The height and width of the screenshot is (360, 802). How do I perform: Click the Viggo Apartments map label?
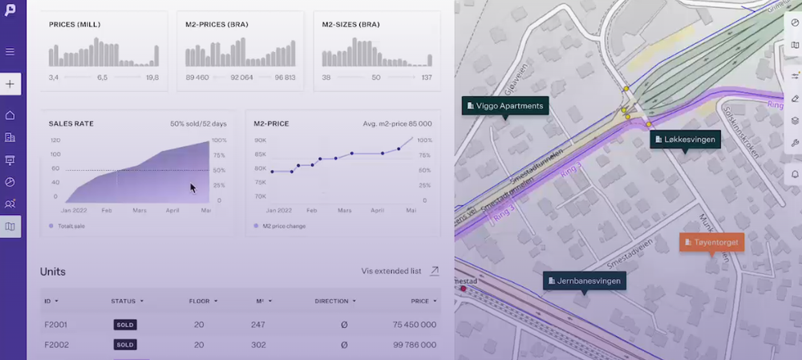pyautogui.click(x=505, y=106)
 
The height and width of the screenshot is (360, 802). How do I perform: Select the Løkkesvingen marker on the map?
pyautogui.click(x=684, y=140)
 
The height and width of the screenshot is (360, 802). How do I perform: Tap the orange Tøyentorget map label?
pyautogui.click(x=711, y=242)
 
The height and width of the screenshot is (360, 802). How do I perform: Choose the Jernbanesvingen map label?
pyautogui.click(x=585, y=281)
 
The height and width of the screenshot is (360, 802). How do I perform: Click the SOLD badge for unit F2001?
pyautogui.click(x=125, y=325)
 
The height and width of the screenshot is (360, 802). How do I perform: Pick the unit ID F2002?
pyautogui.click(x=55, y=345)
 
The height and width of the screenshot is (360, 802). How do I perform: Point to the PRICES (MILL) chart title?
pyautogui.click(x=75, y=24)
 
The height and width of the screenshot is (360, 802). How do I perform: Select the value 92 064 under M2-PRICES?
pyautogui.click(x=241, y=78)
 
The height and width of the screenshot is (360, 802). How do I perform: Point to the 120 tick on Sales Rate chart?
pyautogui.click(x=55, y=140)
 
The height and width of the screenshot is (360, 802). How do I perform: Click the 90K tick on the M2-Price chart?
pyautogui.click(x=260, y=140)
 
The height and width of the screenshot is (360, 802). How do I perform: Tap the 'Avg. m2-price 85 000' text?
pyautogui.click(x=398, y=123)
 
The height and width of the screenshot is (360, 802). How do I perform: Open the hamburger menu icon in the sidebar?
pyautogui.click(x=10, y=52)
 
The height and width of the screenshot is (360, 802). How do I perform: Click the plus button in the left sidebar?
pyautogui.click(x=10, y=83)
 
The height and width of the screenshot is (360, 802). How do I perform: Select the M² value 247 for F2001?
pyautogui.click(x=257, y=325)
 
